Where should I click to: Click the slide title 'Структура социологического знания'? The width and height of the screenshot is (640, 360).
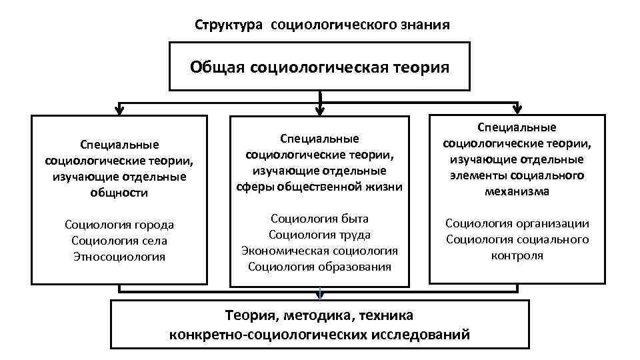coord(322,25)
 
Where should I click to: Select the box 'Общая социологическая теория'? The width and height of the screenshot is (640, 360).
coord(319,67)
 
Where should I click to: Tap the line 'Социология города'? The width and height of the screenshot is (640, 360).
coord(119,225)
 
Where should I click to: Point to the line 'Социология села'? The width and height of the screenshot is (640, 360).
coord(119,241)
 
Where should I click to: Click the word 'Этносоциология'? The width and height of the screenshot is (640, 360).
coord(119,257)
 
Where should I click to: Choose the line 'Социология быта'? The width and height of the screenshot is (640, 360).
coord(319,219)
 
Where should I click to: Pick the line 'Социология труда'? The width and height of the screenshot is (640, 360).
coord(319,235)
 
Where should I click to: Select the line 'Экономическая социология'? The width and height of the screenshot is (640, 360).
coord(319,251)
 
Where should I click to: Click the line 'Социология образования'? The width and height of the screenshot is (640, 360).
coord(319,267)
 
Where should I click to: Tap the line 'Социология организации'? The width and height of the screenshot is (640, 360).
coord(517,223)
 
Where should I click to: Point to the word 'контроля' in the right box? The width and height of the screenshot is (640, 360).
coord(517,255)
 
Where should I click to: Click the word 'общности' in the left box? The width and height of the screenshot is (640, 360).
coord(119,193)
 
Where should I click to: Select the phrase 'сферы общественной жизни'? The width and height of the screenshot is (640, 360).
coord(319,187)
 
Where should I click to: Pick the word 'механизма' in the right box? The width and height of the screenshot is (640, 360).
coord(517,191)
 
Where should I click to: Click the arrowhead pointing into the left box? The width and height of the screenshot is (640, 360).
coord(119,109)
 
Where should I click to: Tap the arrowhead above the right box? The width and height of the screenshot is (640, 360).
coord(517,108)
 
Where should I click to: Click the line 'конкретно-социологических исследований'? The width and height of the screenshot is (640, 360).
coord(319,334)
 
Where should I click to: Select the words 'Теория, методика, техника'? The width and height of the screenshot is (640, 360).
coord(319,315)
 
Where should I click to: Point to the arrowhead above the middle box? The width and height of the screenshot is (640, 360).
coord(321,109)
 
